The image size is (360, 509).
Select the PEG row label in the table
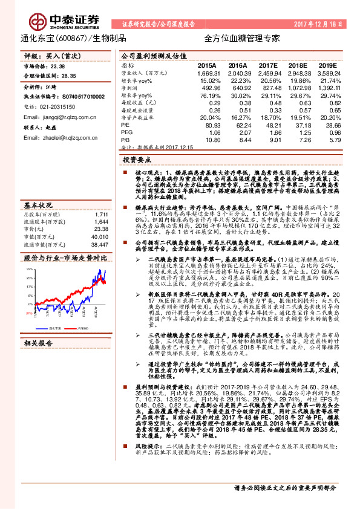[126, 131]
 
